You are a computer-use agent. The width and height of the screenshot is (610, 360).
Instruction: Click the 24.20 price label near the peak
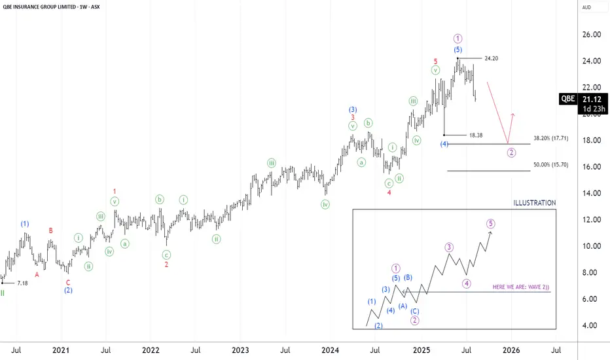click(x=492, y=58)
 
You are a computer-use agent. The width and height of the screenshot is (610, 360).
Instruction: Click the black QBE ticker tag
click(x=567, y=99)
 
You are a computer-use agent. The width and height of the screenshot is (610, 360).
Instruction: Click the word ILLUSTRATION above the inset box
click(x=535, y=203)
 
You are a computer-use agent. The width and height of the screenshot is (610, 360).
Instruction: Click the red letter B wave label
click(x=51, y=230)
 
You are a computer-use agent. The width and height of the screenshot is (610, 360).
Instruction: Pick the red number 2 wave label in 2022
click(x=166, y=264)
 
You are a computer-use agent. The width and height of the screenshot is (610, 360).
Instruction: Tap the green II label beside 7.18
click(x=3, y=293)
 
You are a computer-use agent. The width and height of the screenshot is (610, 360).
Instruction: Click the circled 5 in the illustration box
click(x=491, y=223)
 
